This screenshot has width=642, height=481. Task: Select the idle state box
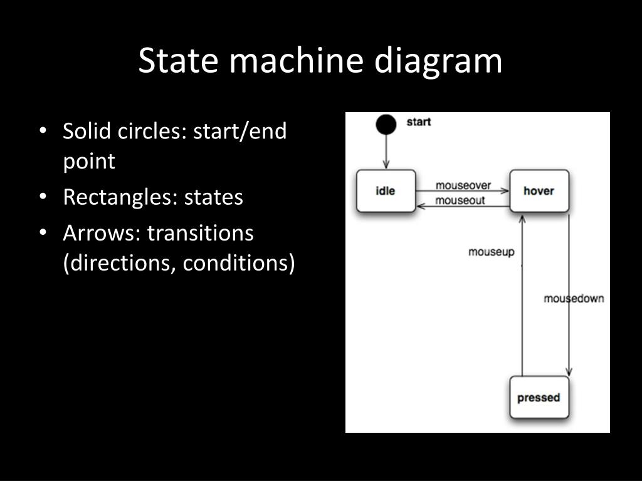pyautogui.click(x=386, y=190)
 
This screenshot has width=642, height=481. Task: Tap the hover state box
pyautogui.click(x=539, y=190)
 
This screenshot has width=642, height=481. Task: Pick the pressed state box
pyautogui.click(x=539, y=398)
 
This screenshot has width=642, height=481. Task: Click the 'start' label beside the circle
pyautogui.click(x=419, y=122)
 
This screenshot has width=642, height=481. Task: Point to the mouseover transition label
pyautogui.click(x=463, y=186)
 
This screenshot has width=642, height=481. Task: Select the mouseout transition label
pyautogui.click(x=460, y=200)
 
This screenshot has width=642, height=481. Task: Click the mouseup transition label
pyautogui.click(x=492, y=252)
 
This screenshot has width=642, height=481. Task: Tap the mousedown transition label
pyautogui.click(x=574, y=298)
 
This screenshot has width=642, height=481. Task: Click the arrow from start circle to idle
pyautogui.click(x=386, y=152)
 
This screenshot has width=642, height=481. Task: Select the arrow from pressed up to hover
pyautogui.click(x=522, y=294)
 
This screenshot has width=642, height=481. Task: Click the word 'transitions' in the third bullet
pyautogui.click(x=200, y=234)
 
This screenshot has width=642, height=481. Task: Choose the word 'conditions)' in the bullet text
pyautogui.click(x=238, y=264)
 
